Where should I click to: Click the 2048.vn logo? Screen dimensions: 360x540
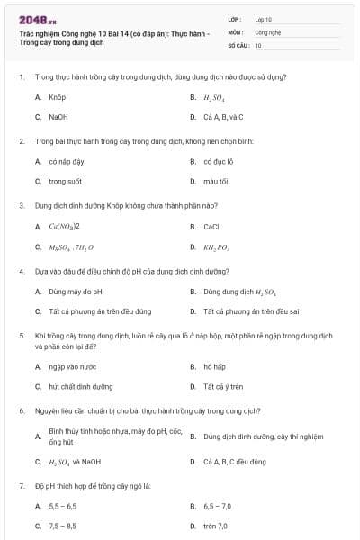point(37,19)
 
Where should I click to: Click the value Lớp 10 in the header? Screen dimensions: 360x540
point(263,18)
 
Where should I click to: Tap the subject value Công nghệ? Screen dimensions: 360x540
point(267,31)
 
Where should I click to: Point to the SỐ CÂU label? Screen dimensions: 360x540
point(238,44)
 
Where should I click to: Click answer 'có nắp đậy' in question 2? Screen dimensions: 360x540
point(66,162)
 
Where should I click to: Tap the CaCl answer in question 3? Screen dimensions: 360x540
point(211,227)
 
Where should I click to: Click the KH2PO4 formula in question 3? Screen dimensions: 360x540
point(217,247)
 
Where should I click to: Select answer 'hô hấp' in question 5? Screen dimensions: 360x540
point(213,366)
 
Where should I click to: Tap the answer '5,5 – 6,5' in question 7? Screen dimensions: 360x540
point(62,506)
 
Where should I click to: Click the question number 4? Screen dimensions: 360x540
point(21,270)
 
